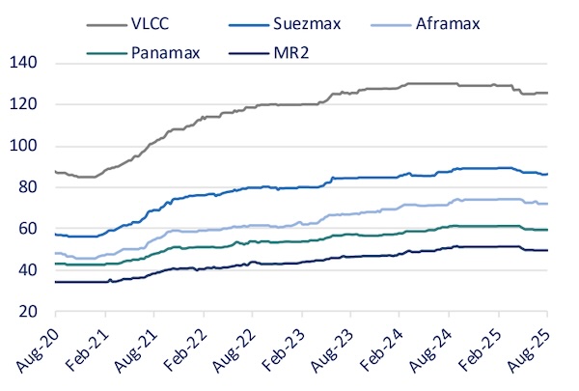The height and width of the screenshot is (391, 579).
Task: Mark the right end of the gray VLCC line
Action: [x=547, y=93]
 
